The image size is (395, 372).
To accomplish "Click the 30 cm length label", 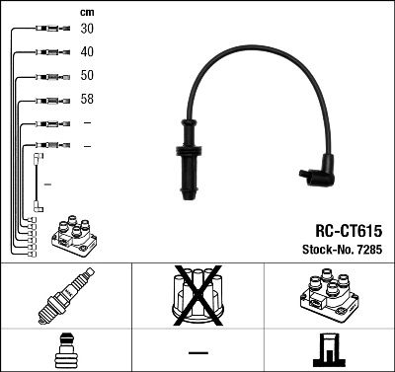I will (88, 30).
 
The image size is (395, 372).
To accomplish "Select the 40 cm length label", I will (88, 52).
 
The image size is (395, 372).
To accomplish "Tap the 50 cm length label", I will (88, 76).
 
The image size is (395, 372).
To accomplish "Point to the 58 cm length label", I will (88, 100).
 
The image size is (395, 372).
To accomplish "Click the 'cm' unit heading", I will (86, 11).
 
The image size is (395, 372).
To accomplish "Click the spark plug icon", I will (65, 297).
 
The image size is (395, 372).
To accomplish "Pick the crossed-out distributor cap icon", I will (197, 297).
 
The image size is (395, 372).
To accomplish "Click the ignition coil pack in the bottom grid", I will (329, 297).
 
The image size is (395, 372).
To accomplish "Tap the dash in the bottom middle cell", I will (197, 352).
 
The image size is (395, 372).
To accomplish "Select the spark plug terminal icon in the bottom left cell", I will (65, 352).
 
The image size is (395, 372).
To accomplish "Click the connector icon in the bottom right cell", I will (329, 352).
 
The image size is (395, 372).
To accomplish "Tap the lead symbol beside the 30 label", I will (48, 30).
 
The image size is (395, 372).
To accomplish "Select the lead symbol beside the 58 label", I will (48, 100).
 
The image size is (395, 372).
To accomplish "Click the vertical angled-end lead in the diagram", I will (39, 182).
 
